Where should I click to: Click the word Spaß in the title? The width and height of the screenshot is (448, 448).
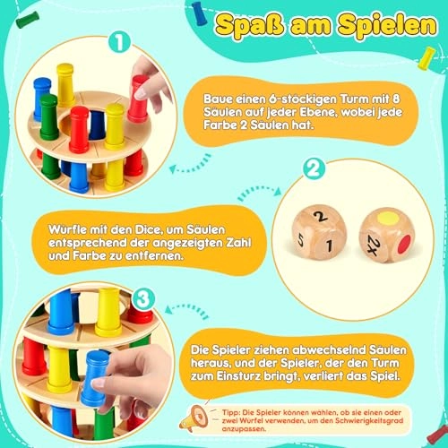click(x=249, y=25)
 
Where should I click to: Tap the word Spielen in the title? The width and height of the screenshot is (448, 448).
click(x=387, y=26)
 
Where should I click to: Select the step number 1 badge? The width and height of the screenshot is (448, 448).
click(x=119, y=42)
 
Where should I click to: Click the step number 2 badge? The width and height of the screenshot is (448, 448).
click(x=314, y=168)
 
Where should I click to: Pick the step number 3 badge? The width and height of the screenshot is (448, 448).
click(x=143, y=299)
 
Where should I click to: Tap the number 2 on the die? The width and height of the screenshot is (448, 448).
click(x=320, y=216)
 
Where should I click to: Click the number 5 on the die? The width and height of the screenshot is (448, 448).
click(x=301, y=241)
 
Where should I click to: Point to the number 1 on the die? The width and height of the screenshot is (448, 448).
click(x=329, y=246)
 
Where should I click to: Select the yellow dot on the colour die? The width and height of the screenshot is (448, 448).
click(x=388, y=218)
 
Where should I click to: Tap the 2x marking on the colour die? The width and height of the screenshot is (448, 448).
click(x=373, y=245)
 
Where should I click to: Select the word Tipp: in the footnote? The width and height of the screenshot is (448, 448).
click(x=231, y=413)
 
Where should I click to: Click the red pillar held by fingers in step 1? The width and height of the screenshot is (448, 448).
click(x=138, y=99)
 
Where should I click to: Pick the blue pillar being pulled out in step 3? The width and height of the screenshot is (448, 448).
click(x=94, y=378)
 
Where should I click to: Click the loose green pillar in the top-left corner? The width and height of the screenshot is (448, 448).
click(x=28, y=20)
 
